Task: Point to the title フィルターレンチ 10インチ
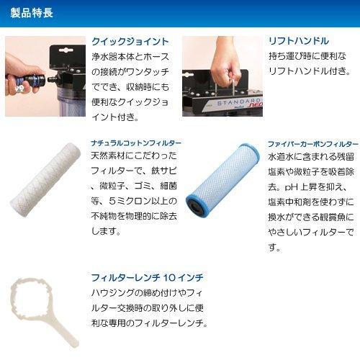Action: point(147,277)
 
